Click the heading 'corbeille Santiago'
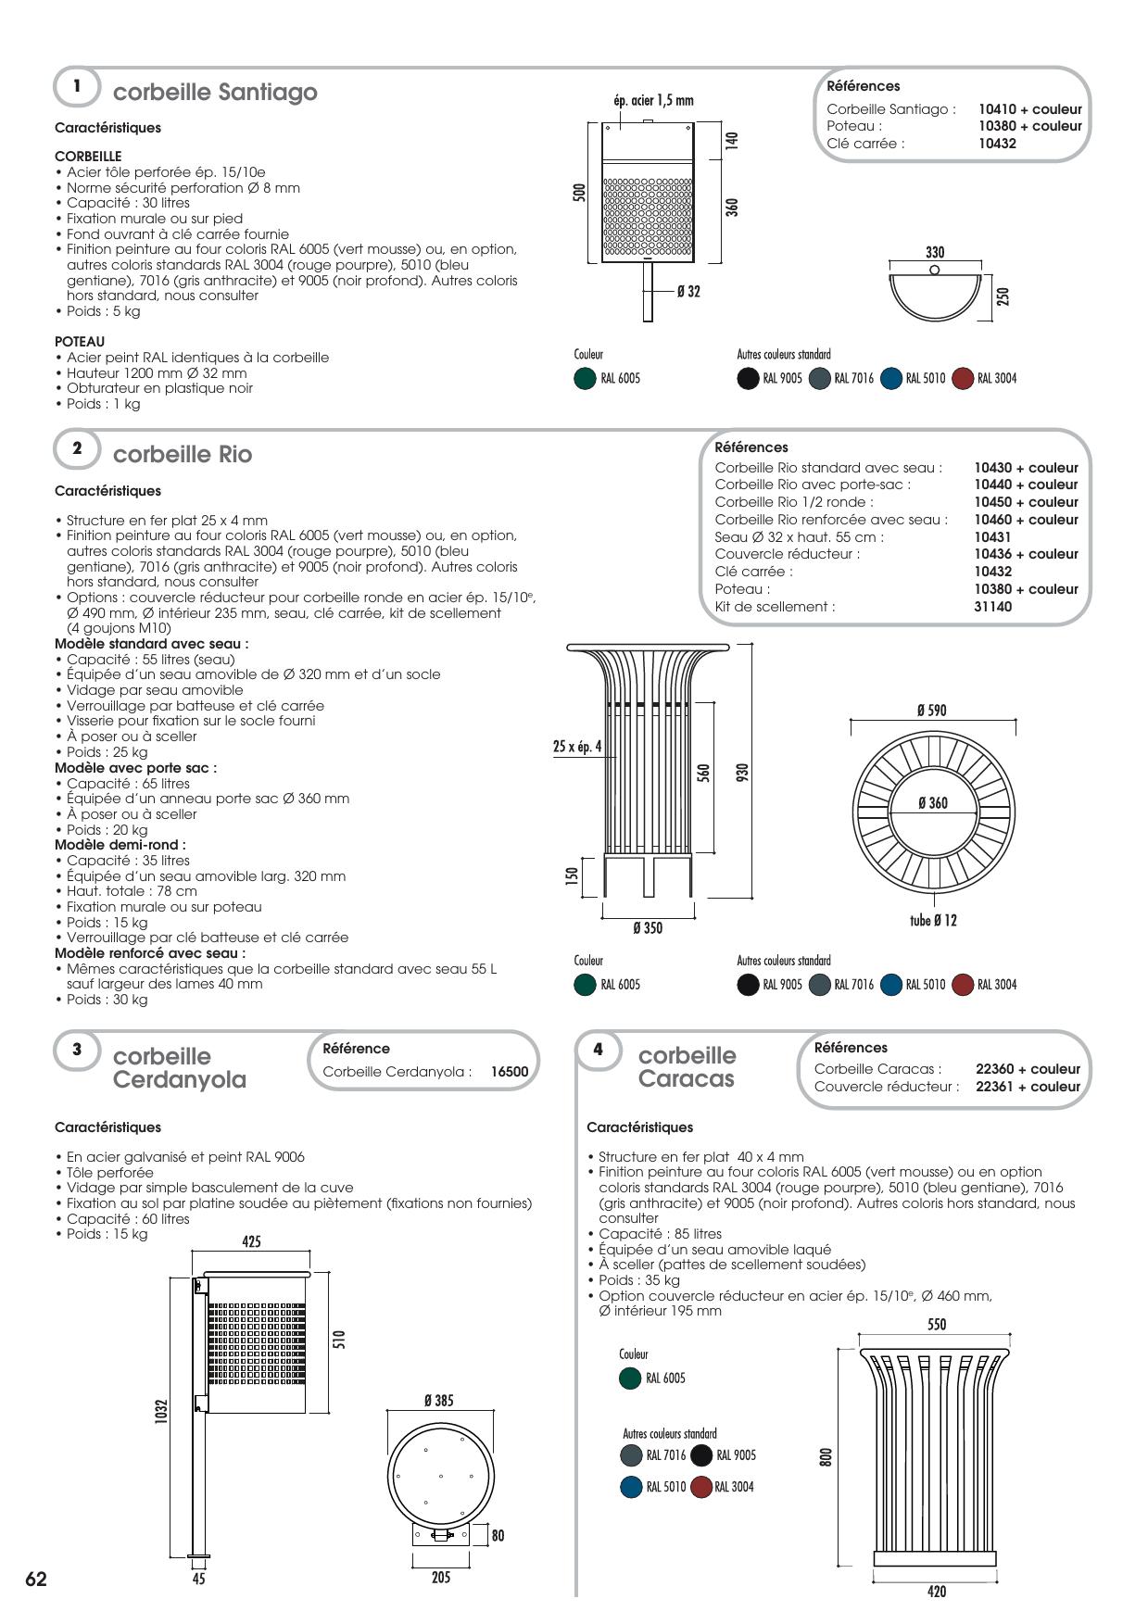[214, 93]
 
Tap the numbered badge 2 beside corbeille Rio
[78, 448]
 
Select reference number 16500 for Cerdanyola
[509, 1072]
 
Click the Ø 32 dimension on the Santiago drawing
[688, 292]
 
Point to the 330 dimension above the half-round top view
[935, 252]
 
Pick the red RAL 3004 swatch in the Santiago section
[964, 378]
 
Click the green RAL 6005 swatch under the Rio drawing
[585, 984]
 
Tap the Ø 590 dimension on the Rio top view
[931, 711]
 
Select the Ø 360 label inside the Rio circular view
[932, 803]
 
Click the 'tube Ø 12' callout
[933, 921]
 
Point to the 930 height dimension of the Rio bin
[741, 772]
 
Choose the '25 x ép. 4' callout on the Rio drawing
[577, 747]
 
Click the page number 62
[35, 1580]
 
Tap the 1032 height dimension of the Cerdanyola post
[161, 1413]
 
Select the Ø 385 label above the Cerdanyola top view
[438, 1401]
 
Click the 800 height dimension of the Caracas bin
[825, 1457]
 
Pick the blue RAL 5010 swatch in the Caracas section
[631, 1487]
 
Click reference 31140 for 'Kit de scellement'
[992, 607]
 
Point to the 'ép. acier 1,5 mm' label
[653, 100]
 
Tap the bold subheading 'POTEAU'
[80, 342]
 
